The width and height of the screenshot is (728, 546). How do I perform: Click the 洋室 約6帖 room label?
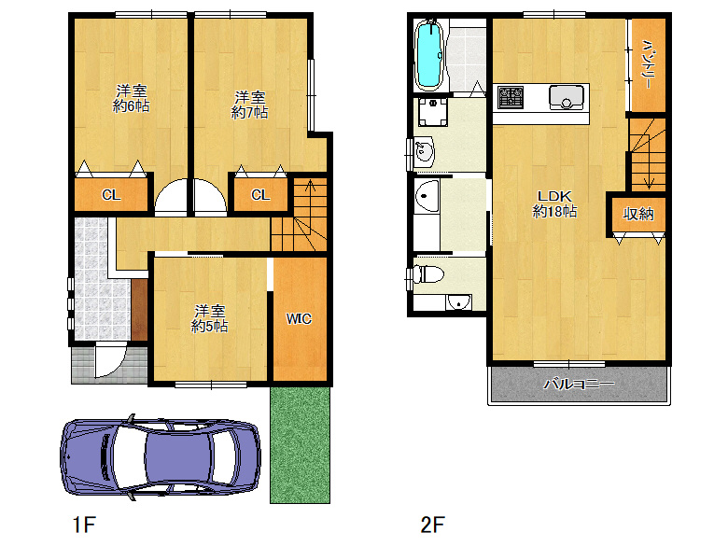(132, 98)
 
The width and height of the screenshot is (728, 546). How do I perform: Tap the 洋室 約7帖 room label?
(250, 105)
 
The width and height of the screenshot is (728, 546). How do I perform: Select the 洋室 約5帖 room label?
(209, 318)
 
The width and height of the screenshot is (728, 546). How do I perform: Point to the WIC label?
(299, 319)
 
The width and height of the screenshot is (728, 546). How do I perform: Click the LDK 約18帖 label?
(554, 203)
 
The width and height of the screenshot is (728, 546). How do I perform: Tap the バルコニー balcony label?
(580, 384)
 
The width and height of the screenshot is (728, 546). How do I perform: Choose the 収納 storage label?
(638, 214)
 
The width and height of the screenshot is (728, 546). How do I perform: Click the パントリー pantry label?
(647, 64)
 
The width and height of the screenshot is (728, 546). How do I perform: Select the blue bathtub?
(429, 55)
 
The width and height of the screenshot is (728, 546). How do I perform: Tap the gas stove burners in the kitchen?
(511, 97)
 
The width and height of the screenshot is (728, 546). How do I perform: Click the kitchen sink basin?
(566, 97)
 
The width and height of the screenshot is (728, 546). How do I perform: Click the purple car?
(161, 456)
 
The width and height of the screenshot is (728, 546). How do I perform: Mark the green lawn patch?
(300, 445)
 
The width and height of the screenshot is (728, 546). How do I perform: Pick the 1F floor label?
(85, 525)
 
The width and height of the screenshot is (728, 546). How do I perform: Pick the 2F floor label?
(433, 525)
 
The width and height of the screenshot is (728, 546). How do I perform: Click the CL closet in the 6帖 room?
(111, 194)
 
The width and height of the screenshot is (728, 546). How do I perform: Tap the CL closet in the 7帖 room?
(260, 194)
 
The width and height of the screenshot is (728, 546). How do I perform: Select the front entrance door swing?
(110, 361)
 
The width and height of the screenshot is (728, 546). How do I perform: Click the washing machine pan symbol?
(433, 112)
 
